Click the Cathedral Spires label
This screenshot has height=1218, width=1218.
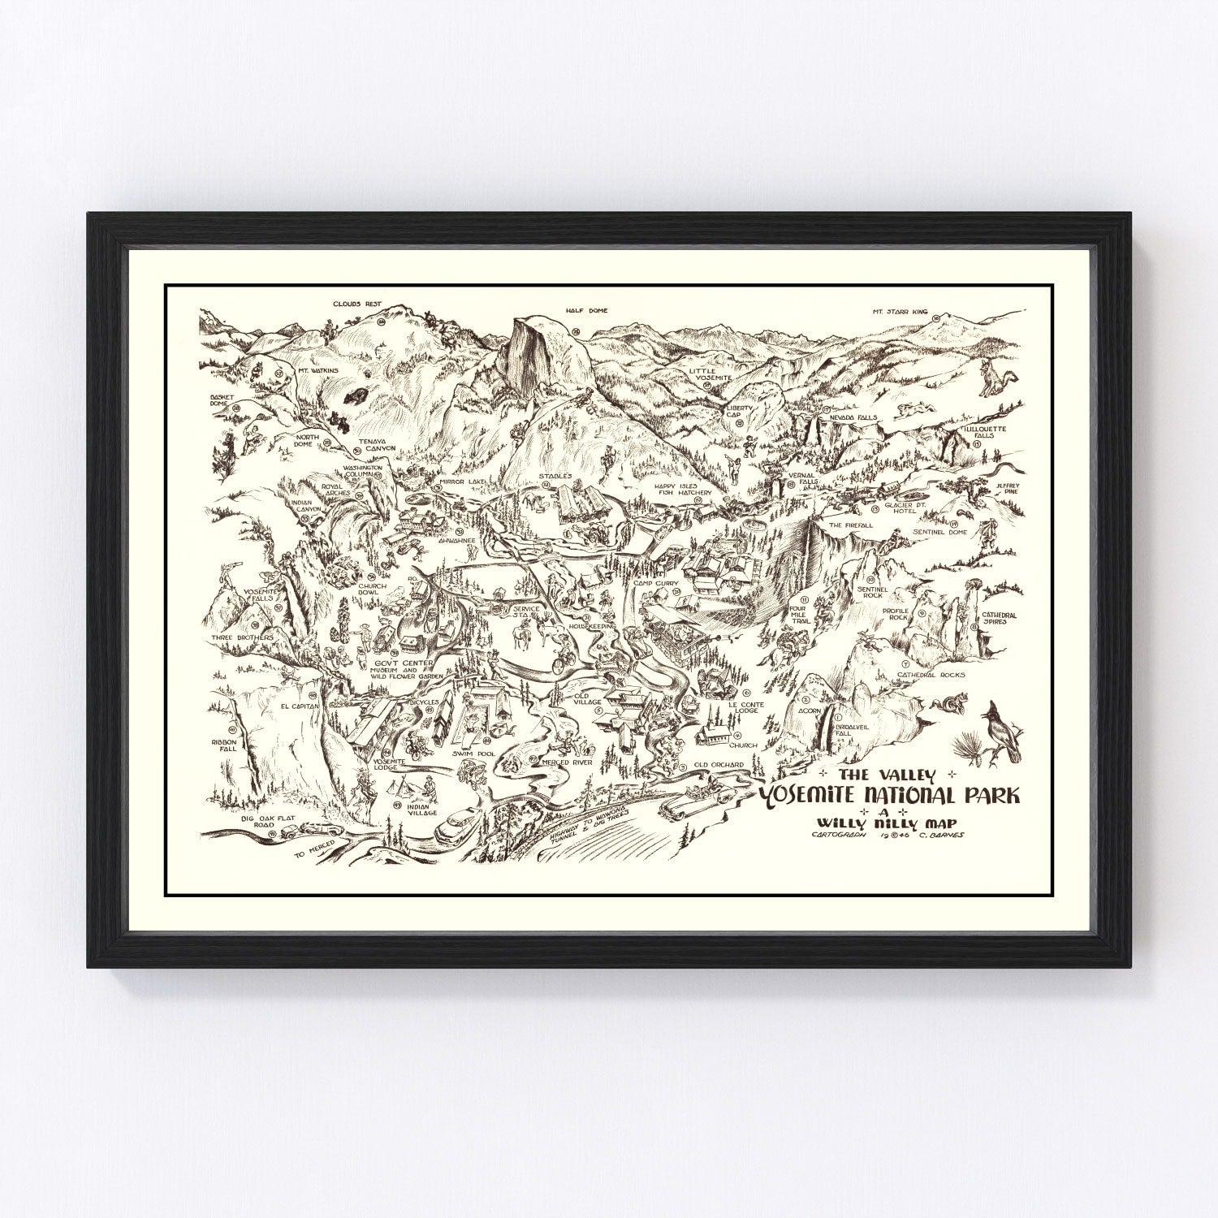(999, 619)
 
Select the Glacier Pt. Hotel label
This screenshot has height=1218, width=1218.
(908, 507)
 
